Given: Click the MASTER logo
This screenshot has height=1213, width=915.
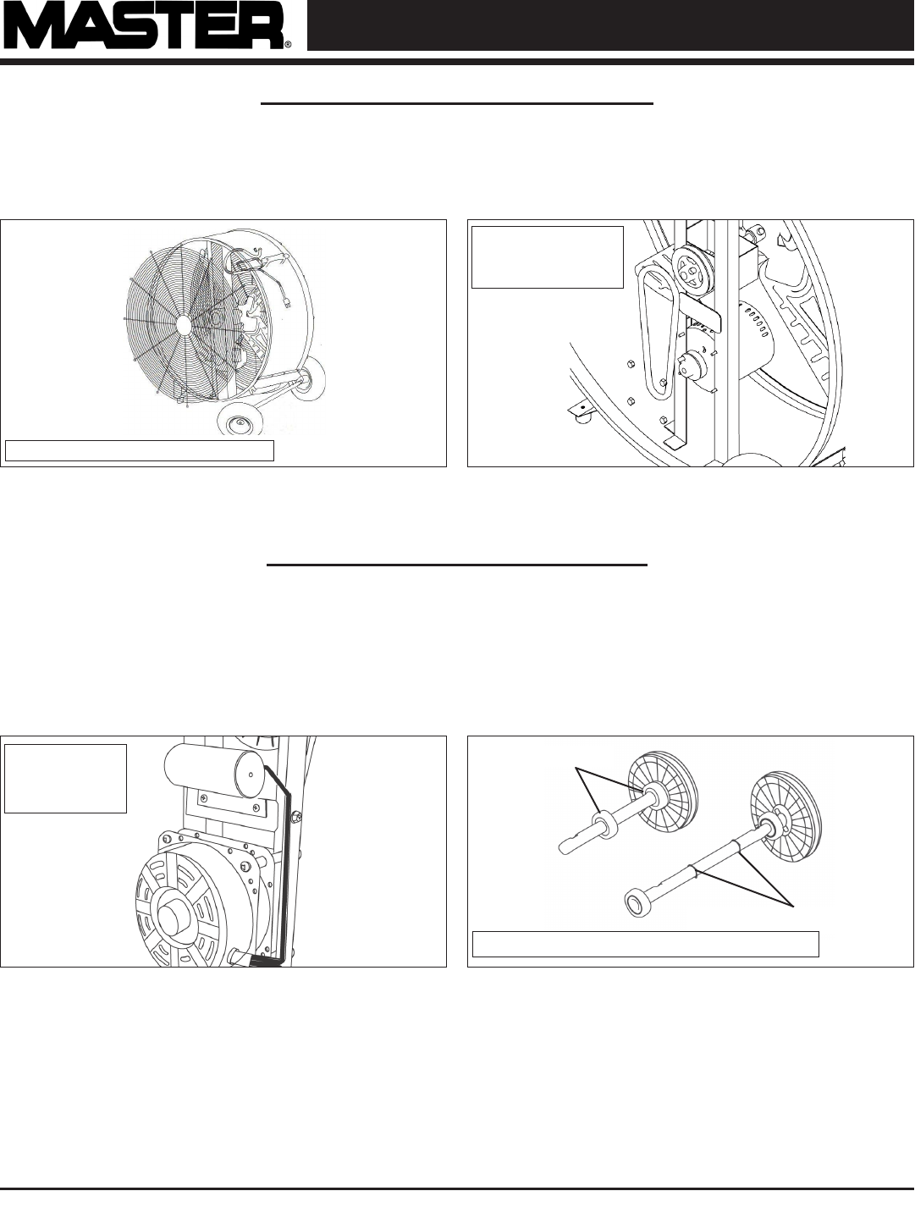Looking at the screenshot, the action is click(146, 26).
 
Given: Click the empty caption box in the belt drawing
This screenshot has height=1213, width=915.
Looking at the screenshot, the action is click(547, 257).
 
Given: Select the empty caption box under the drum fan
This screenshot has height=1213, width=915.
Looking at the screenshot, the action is click(139, 450).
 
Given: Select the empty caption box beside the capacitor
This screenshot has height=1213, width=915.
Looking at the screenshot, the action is click(65, 779).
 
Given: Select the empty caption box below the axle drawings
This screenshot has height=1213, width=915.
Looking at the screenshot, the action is click(645, 943).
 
